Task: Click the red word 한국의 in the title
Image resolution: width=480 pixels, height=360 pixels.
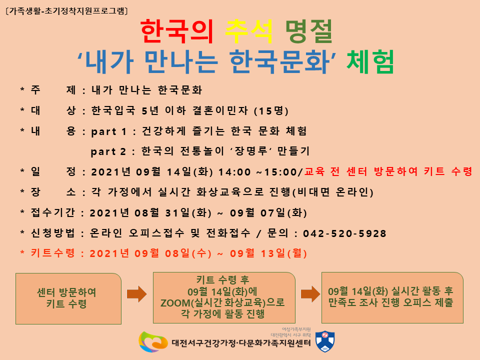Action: point(176,31)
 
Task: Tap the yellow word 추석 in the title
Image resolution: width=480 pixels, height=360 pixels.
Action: point(248,31)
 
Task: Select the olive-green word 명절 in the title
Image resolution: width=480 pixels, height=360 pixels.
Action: point(308,31)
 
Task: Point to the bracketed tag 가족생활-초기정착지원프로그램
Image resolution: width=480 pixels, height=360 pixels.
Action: point(66,11)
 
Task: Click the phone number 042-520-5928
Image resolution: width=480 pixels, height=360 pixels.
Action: point(344,234)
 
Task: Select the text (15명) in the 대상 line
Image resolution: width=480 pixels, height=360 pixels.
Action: point(271,111)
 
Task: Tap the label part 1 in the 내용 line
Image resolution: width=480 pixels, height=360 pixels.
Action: point(108,132)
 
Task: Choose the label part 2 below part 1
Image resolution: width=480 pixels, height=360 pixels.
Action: point(108,152)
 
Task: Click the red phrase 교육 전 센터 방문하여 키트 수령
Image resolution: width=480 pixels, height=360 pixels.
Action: point(388,171)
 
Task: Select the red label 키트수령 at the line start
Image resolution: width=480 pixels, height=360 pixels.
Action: point(52,253)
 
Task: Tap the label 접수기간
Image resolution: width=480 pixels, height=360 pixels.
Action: point(52,212)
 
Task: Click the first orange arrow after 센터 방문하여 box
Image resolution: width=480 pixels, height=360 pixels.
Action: point(137,294)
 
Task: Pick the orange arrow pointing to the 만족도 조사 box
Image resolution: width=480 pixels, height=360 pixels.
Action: point(310,294)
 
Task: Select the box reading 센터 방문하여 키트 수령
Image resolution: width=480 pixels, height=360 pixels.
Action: point(68,298)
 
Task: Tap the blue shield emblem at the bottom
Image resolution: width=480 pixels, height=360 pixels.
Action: point(325,341)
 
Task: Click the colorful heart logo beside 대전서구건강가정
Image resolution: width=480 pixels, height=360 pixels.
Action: point(153,341)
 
